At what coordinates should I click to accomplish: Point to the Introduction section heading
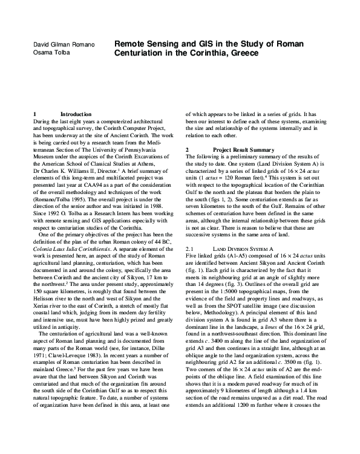(x=76, y=114)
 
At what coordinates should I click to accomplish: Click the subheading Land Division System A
(x=244, y=248)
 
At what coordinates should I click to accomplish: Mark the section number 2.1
(x=189, y=248)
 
